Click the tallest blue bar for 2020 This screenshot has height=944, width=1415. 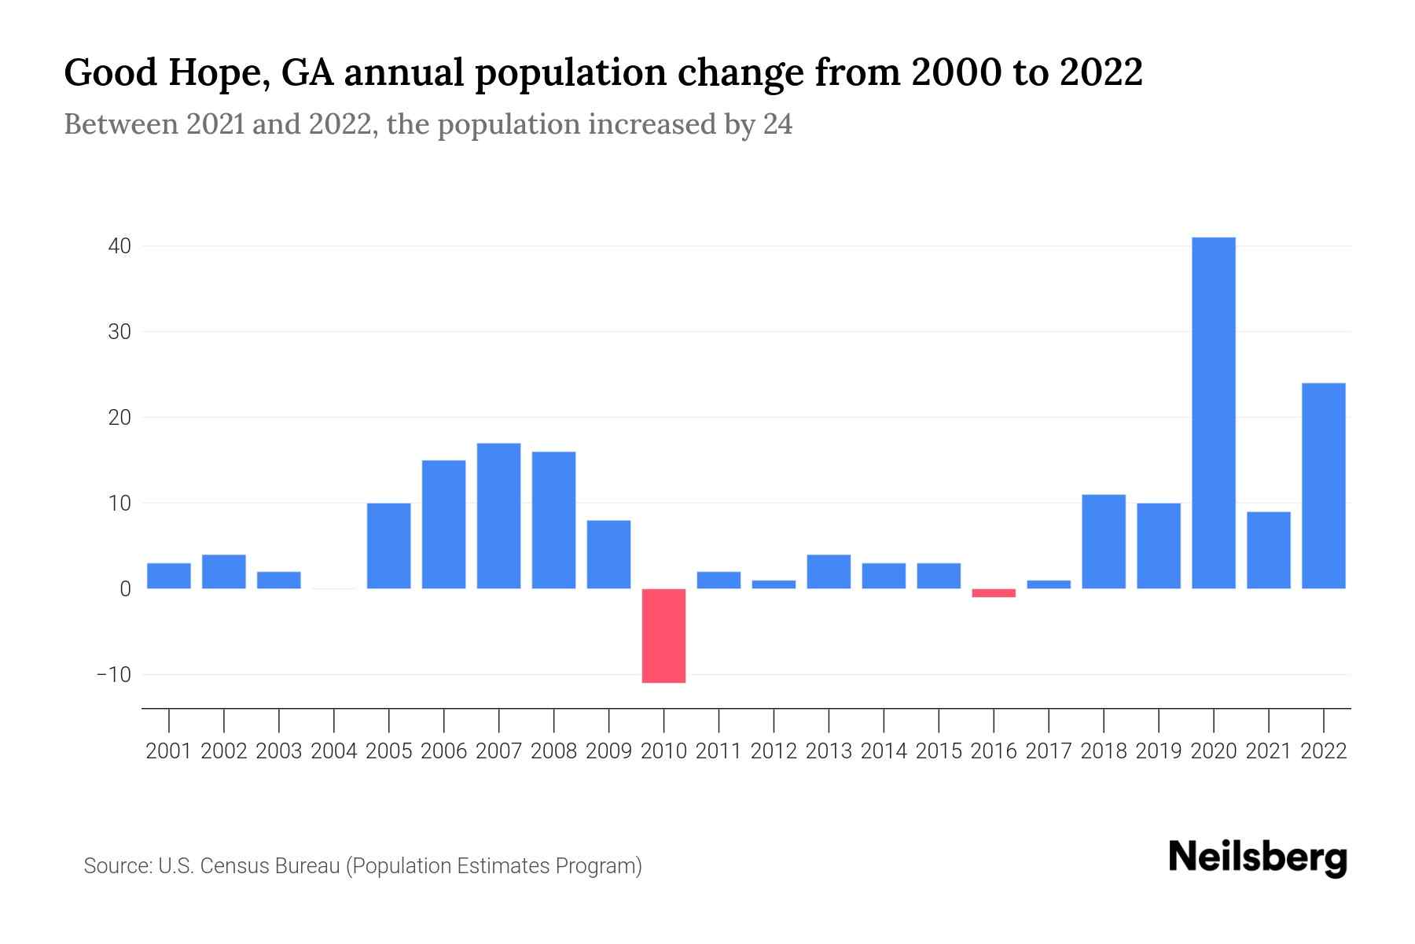coord(1213,413)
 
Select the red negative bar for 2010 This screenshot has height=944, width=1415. coord(663,636)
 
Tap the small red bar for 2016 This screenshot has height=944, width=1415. coord(994,593)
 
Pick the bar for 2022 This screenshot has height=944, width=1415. coord(1323,486)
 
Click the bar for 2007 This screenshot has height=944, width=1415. coord(498,516)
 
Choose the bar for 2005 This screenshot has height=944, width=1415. coord(388,546)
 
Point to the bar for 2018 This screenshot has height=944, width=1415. coord(1103,541)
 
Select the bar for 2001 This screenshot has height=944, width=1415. coord(169,576)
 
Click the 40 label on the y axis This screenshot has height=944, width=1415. coord(119,246)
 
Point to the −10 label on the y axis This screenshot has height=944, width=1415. coord(113,675)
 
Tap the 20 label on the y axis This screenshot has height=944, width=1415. coord(119,418)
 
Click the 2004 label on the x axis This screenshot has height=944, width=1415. coord(333,751)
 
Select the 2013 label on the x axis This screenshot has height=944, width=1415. coord(829,751)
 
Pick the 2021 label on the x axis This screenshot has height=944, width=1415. coord(1268,751)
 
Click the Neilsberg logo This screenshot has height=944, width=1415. coord(1258,857)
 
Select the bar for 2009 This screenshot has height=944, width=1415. coord(608,555)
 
